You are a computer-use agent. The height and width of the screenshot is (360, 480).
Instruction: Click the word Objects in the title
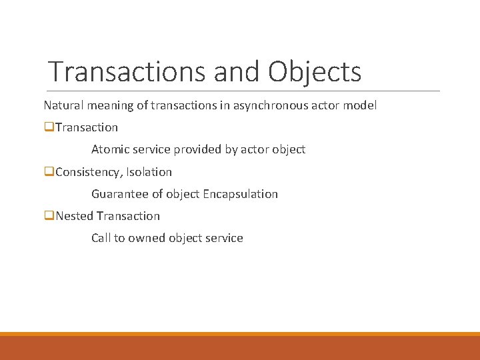point(315,72)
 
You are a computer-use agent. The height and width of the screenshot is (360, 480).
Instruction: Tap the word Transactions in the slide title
point(129,71)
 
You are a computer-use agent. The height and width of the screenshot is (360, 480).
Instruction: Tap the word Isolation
point(149,172)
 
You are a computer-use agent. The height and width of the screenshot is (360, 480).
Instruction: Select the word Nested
point(75,216)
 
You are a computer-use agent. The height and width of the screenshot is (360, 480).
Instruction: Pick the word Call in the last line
point(101,238)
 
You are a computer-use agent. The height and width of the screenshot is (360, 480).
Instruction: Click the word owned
point(147,238)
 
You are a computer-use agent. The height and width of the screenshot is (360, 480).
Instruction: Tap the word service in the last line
point(225,238)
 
